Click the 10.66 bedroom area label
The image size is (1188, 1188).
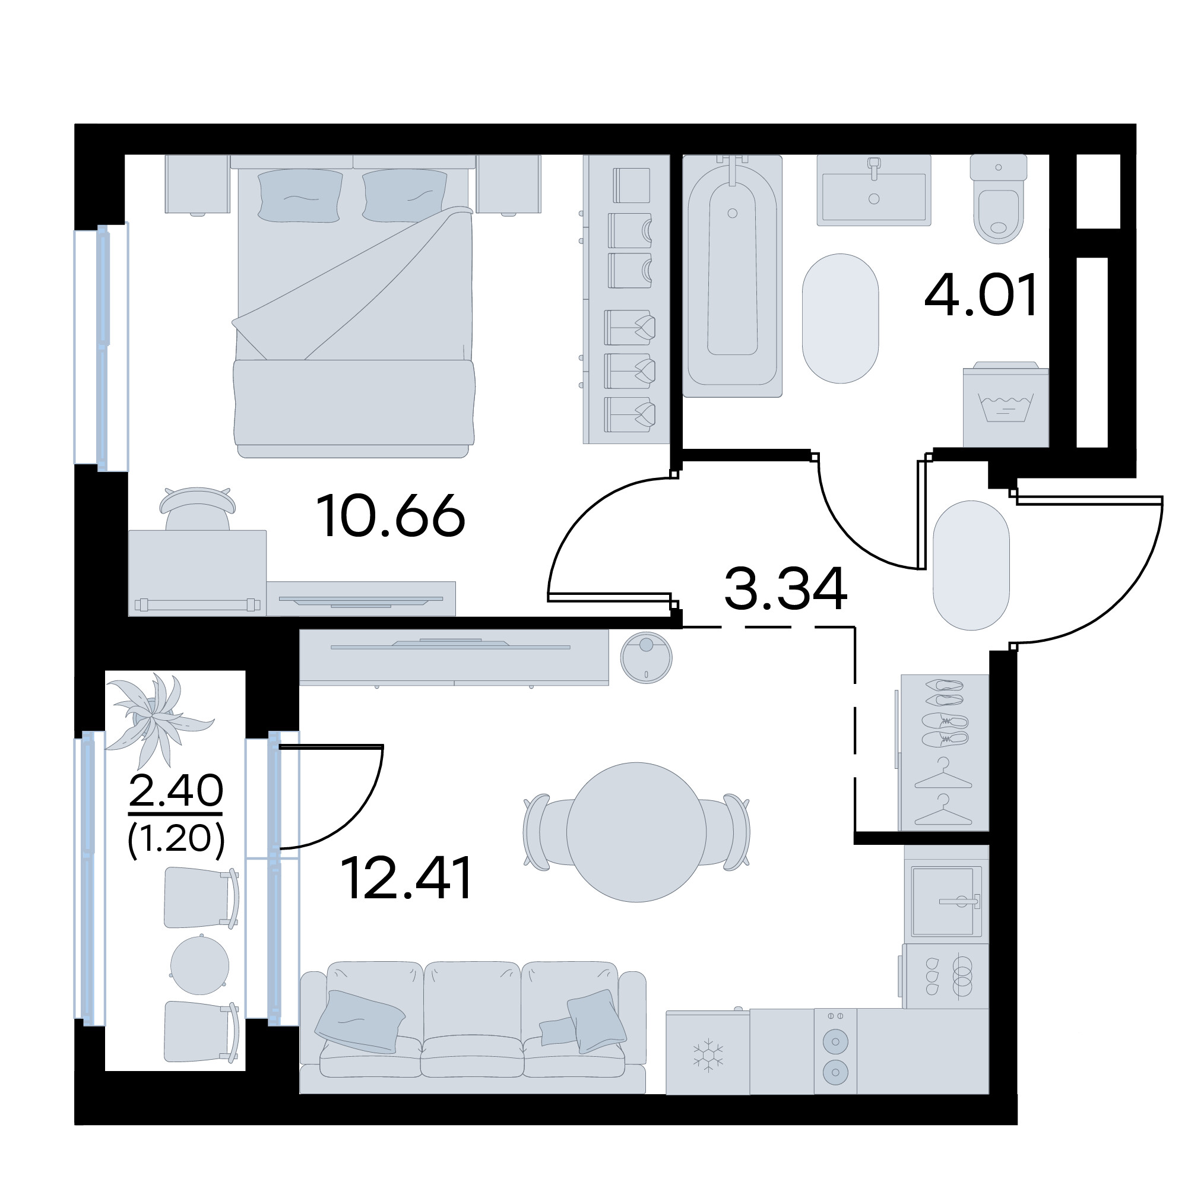tap(391, 516)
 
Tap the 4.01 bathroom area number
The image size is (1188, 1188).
tap(981, 294)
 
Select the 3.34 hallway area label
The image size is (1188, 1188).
tap(786, 588)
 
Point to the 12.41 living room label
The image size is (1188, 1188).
tap(407, 878)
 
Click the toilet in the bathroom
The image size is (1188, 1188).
tap(998, 198)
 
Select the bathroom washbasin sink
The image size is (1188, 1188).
tap(874, 190)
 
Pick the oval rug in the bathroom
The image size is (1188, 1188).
tap(840, 318)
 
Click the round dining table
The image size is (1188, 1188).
tap(636, 832)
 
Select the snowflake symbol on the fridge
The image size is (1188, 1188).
tap(708, 1056)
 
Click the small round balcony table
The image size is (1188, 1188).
tap(199, 965)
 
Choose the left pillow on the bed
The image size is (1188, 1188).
tap(300, 195)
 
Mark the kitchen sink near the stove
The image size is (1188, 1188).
tap(946, 901)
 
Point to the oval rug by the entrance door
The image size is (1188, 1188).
tap(971, 565)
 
